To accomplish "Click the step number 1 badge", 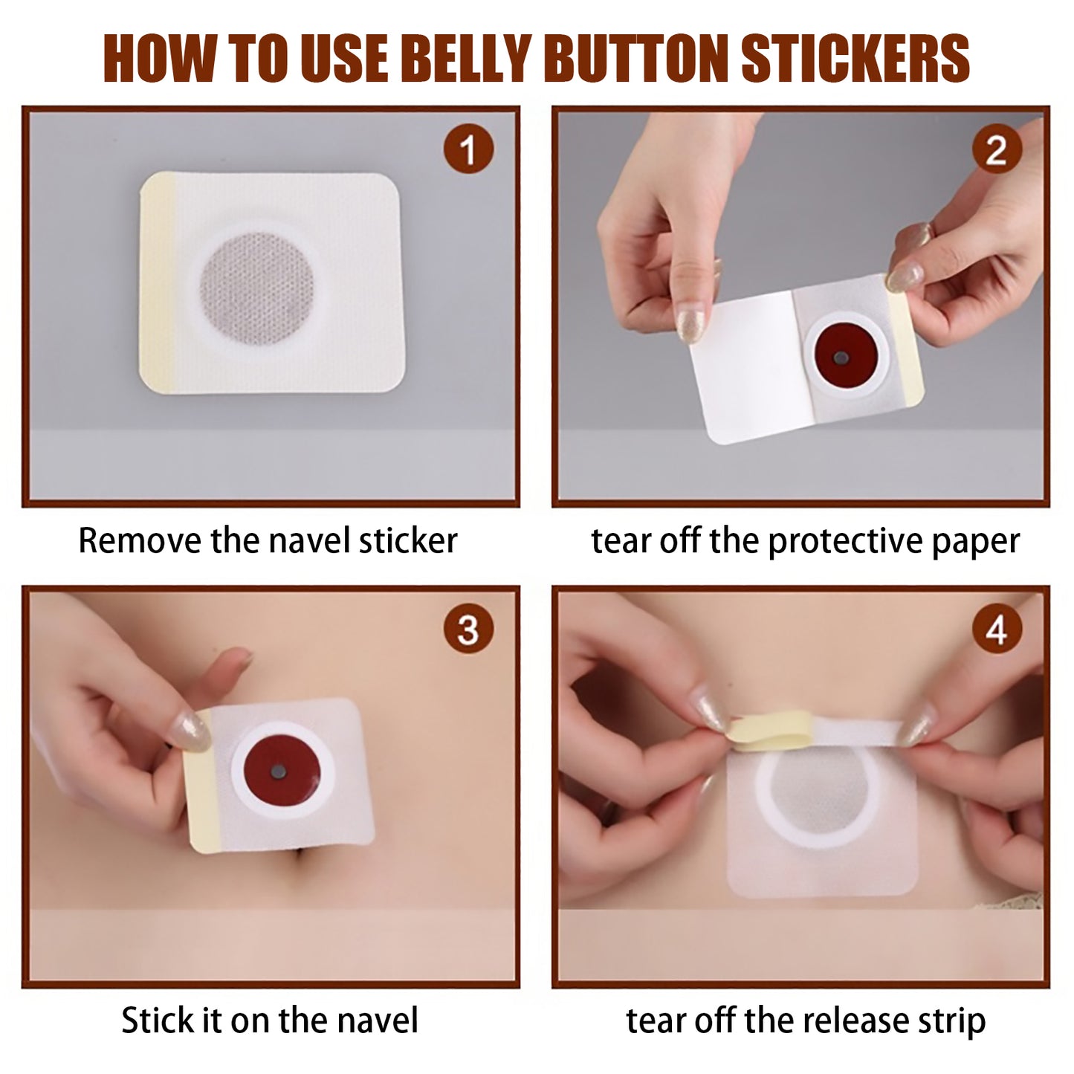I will click(468, 150).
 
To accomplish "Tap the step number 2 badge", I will click(996, 150).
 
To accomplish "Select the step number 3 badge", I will click(468, 630).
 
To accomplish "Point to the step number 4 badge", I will click(996, 630).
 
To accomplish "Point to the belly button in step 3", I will click(306, 864).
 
